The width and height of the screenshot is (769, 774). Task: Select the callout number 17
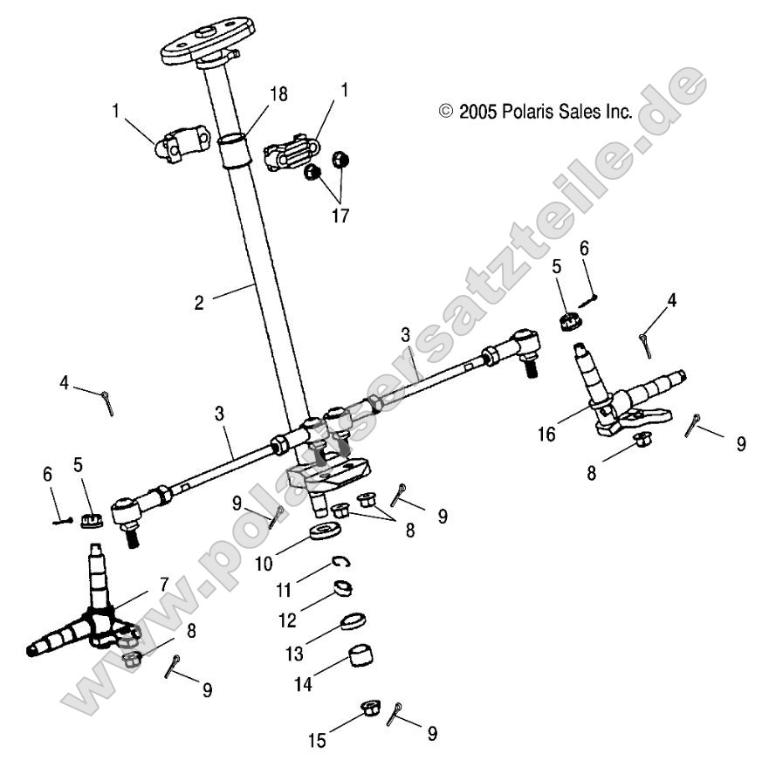pos(340,215)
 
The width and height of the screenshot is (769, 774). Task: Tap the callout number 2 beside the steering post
pos(198,303)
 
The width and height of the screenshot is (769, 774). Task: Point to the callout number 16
pos(547,433)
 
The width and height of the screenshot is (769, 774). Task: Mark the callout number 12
pos(288,620)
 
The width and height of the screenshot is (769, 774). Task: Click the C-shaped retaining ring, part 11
pos(343,564)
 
